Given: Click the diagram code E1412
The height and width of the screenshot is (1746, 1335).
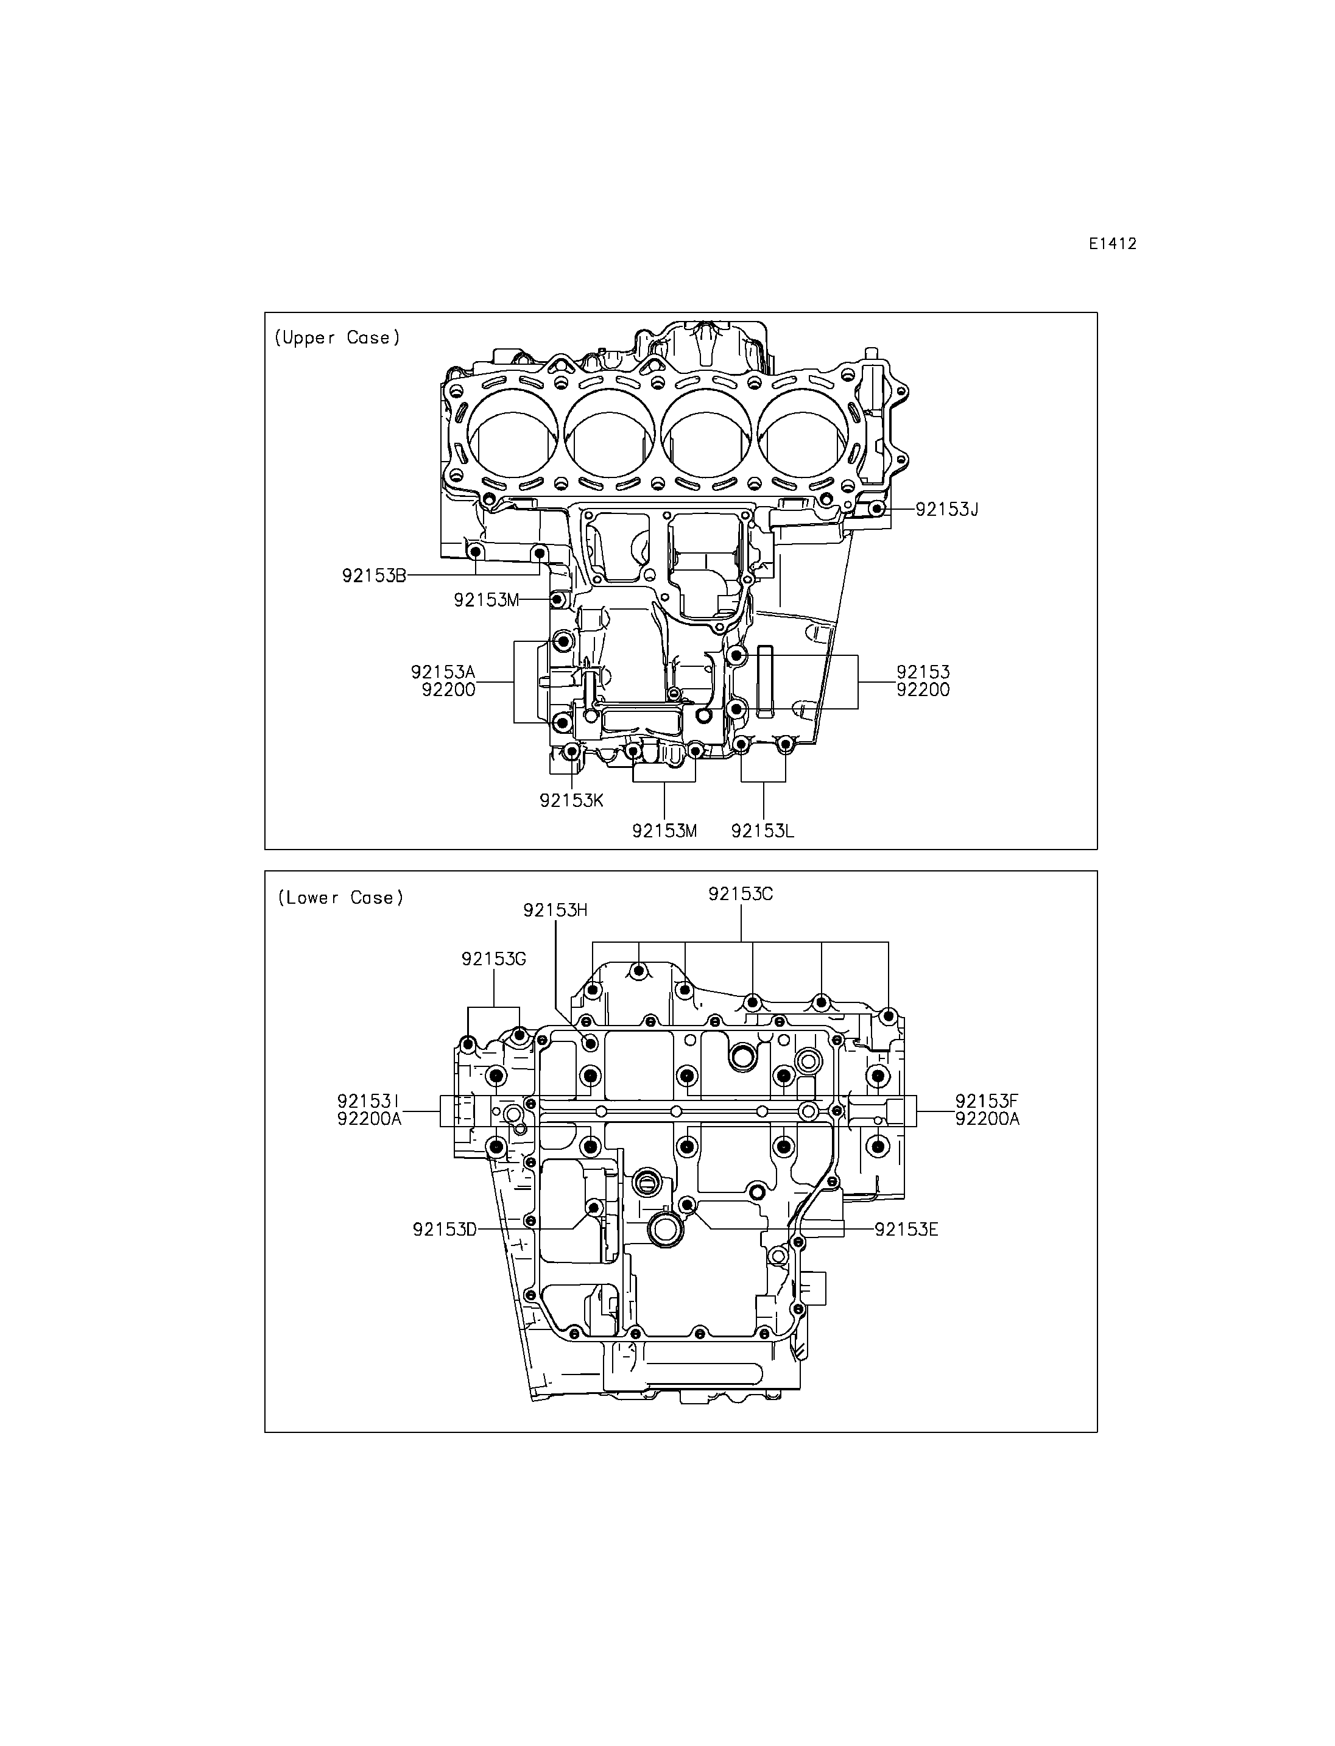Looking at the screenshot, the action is pyautogui.click(x=1113, y=244).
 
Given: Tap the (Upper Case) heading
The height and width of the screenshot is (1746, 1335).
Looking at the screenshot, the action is pyautogui.click(x=337, y=338).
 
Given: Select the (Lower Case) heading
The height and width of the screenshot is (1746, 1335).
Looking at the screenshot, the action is pyautogui.click(x=340, y=898).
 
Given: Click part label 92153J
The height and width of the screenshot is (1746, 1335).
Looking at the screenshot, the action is pyautogui.click(x=946, y=509).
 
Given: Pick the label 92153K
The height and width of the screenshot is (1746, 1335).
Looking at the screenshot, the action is pyautogui.click(x=571, y=800).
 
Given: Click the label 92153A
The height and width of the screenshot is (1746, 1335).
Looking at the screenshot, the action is pyautogui.click(x=443, y=672).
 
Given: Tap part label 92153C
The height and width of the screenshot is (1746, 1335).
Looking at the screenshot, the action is pyautogui.click(x=741, y=894).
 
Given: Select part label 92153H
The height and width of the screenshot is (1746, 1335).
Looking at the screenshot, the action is pyautogui.click(x=555, y=910).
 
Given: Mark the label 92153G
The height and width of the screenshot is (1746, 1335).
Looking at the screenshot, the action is pyautogui.click(x=493, y=959).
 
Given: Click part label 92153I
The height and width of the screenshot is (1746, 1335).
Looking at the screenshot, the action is pyautogui.click(x=368, y=1102).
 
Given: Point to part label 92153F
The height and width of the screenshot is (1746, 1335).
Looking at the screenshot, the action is pyautogui.click(x=987, y=1102).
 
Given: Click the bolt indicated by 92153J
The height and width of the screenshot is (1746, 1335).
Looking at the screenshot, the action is pyautogui.click(x=876, y=509).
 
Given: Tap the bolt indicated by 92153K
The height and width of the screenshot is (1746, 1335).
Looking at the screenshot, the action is pyautogui.click(x=571, y=751).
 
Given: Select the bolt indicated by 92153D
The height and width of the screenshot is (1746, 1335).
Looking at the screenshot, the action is pyautogui.click(x=593, y=1208).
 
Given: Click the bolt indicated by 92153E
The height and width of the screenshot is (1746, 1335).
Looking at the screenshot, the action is pyautogui.click(x=688, y=1206).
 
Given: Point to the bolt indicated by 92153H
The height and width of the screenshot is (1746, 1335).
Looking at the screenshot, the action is pyautogui.click(x=590, y=1043).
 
